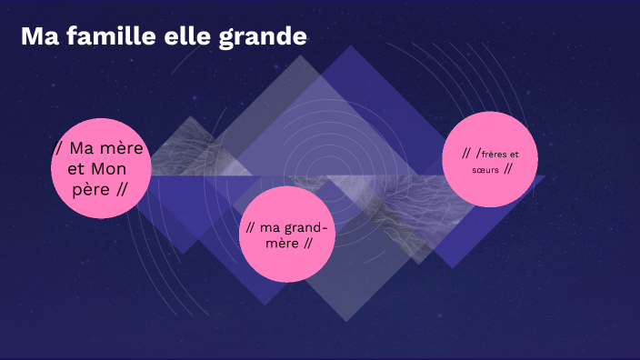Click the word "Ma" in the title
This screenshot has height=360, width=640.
(x=36, y=37)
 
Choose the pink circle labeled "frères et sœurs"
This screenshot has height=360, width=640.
(x=490, y=159)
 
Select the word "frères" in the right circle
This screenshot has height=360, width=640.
(x=500, y=154)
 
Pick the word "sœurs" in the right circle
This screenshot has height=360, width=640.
(x=485, y=169)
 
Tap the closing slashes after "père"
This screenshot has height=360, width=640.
(x=120, y=189)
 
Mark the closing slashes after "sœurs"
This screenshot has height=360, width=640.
(x=507, y=169)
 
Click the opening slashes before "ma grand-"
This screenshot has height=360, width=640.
(x=250, y=226)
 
